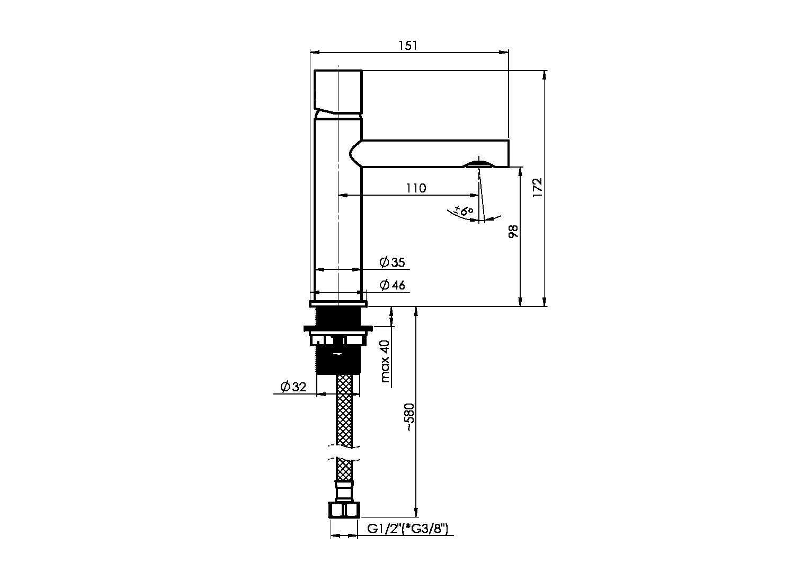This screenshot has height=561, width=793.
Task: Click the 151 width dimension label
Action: pyautogui.click(x=408, y=46)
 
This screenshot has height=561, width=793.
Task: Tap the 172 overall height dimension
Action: pyautogui.click(x=537, y=188)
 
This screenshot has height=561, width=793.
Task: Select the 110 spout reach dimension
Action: pyautogui.click(x=416, y=188)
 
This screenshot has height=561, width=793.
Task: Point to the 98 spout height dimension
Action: pyautogui.click(x=513, y=231)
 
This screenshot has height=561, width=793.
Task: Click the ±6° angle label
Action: pyautogui.click(x=464, y=211)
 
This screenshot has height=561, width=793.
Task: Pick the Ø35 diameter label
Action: pyautogui.click(x=392, y=262)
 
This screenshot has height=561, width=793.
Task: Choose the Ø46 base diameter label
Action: pyautogui.click(x=392, y=285)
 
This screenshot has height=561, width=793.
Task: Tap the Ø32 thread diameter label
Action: pyautogui.click(x=293, y=387)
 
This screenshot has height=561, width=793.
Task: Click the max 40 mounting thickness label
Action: pyautogui.click(x=385, y=362)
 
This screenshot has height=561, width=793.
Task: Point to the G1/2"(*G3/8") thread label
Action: pyautogui.click(x=407, y=539)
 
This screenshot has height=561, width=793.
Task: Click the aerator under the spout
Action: pyautogui.click(x=478, y=164)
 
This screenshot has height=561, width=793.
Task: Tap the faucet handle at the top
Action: pyautogui.click(x=338, y=92)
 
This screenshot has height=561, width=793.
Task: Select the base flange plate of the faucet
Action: pyautogui.click(x=338, y=304)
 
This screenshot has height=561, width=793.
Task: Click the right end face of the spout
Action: pyautogui.click(x=509, y=153)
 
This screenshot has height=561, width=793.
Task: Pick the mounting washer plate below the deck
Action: pyautogui.click(x=338, y=329)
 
